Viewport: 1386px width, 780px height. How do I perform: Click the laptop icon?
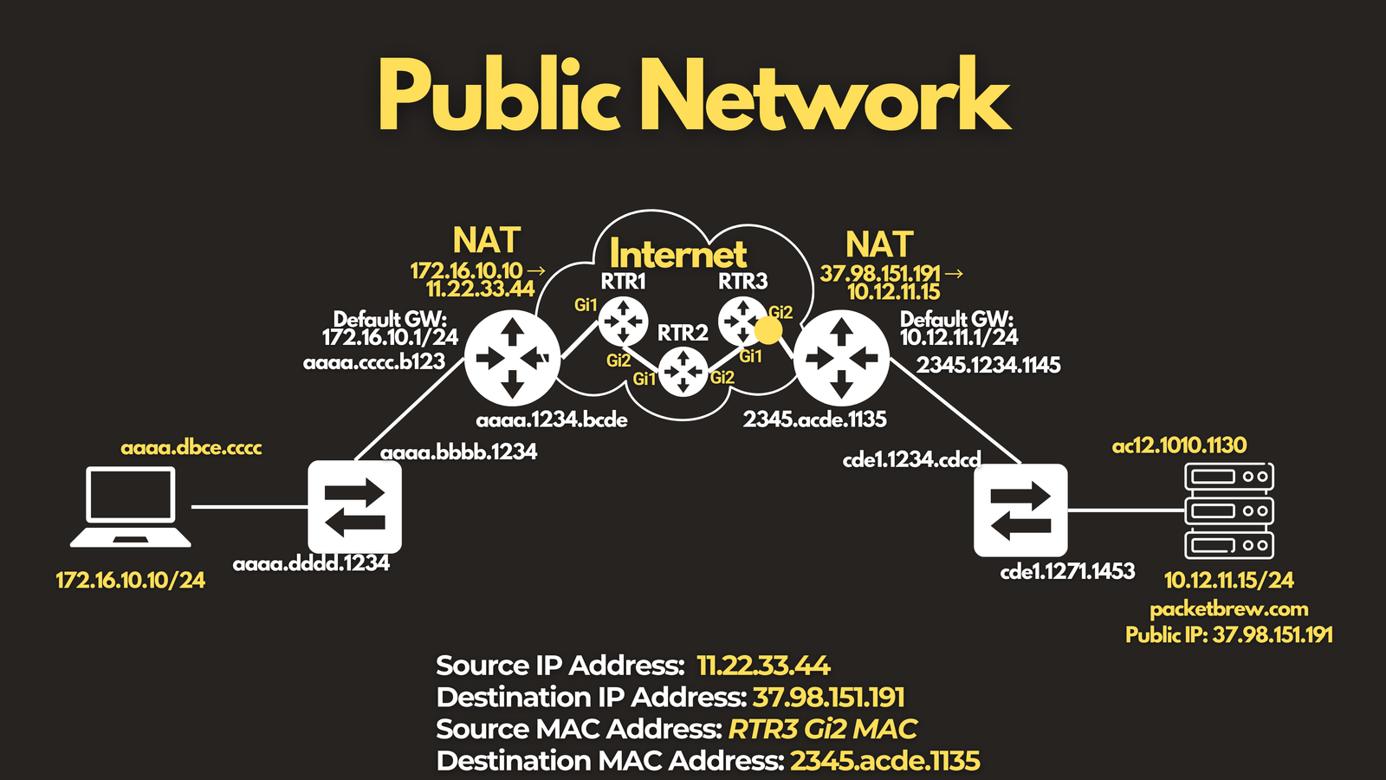(130, 507)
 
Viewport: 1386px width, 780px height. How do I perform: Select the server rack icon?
(1229, 510)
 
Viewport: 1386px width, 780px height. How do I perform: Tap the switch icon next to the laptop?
(354, 507)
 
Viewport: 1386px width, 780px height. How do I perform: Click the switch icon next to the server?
(1020, 510)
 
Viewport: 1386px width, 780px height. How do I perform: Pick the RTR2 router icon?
(683, 372)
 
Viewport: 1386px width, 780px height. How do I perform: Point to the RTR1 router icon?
(623, 322)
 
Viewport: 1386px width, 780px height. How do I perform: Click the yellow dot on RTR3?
(767, 330)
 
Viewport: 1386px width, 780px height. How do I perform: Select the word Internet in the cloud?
(678, 254)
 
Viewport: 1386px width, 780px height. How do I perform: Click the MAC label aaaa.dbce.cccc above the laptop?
(191, 447)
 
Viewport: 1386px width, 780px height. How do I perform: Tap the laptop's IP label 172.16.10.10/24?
(131, 580)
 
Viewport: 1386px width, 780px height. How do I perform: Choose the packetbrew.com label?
(1229, 610)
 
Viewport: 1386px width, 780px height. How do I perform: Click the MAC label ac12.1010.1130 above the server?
(1179, 445)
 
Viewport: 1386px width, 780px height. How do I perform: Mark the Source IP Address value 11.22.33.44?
(763, 666)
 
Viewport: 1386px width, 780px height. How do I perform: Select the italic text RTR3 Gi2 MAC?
(823, 729)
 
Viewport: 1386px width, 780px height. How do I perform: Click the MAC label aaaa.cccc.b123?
(374, 362)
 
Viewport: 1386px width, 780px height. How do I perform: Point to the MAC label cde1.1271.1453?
(1067, 571)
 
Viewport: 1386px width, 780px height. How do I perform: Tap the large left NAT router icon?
(512, 359)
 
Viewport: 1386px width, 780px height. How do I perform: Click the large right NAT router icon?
(841, 359)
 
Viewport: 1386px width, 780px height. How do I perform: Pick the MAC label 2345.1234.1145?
(988, 365)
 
